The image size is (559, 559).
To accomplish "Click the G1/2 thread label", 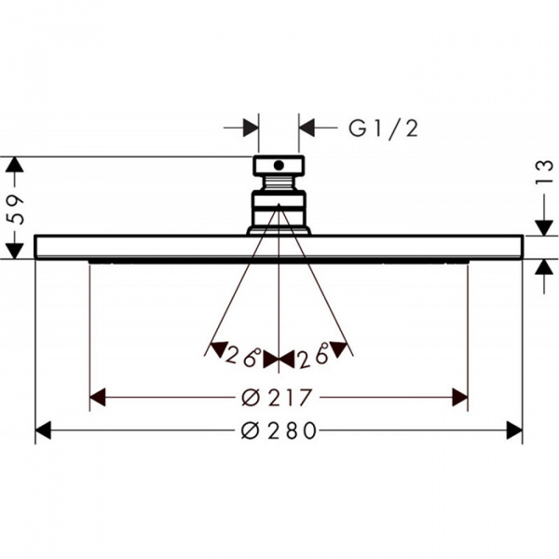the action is (x=383, y=129).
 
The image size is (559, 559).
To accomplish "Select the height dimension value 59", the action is (x=17, y=210).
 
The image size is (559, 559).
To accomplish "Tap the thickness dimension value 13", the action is (x=544, y=172).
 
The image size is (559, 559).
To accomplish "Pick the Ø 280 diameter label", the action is (x=279, y=430).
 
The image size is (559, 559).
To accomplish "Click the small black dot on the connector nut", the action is (x=279, y=165).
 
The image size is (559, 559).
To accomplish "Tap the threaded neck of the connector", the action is (x=279, y=184).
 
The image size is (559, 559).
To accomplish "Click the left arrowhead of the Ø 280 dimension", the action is (x=43, y=430).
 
